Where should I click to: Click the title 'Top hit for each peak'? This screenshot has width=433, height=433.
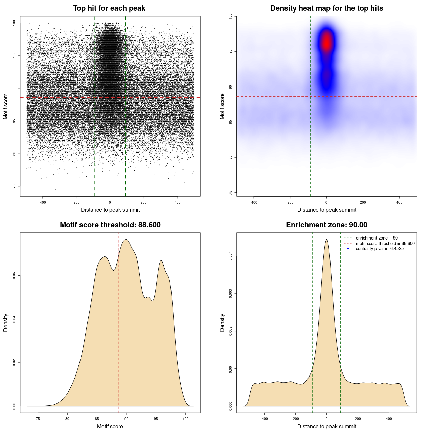point(109,8)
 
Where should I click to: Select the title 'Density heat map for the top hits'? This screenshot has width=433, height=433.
point(326,8)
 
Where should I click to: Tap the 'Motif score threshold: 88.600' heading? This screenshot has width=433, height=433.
point(110,225)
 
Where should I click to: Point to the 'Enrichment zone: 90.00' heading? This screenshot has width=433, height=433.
point(326,225)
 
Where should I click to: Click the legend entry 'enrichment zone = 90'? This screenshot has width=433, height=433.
point(377,238)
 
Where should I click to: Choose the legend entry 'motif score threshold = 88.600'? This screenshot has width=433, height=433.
point(385,243)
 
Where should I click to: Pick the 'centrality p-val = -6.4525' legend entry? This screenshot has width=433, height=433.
point(380,249)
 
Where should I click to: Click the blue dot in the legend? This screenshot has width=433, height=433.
point(348,249)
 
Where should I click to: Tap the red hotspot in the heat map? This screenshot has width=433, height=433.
point(326,43)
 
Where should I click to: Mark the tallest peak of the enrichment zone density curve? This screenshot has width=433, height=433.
point(326,240)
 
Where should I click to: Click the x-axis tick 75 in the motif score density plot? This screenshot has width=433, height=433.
point(38,419)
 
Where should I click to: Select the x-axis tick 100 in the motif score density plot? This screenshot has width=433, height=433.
point(185,419)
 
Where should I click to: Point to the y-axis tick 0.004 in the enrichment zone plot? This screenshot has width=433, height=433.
point(231,256)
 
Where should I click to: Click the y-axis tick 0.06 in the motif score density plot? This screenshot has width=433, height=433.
point(14,276)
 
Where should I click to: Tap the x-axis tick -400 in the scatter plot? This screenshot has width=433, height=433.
point(42,202)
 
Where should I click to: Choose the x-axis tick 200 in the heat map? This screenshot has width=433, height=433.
point(363,202)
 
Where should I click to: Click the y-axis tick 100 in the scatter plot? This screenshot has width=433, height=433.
point(14,23)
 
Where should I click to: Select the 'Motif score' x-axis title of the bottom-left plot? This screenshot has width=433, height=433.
point(110,426)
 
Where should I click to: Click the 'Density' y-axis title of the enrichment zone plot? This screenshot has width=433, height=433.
point(222,322)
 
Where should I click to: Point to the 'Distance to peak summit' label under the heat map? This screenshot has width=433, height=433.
point(326,210)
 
